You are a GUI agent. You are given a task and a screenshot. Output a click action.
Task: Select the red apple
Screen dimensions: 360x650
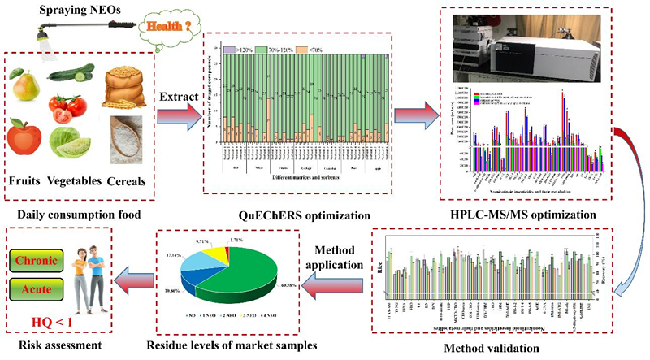pos(25,136)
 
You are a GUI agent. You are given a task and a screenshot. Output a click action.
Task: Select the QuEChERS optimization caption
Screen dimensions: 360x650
pos(290,215)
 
